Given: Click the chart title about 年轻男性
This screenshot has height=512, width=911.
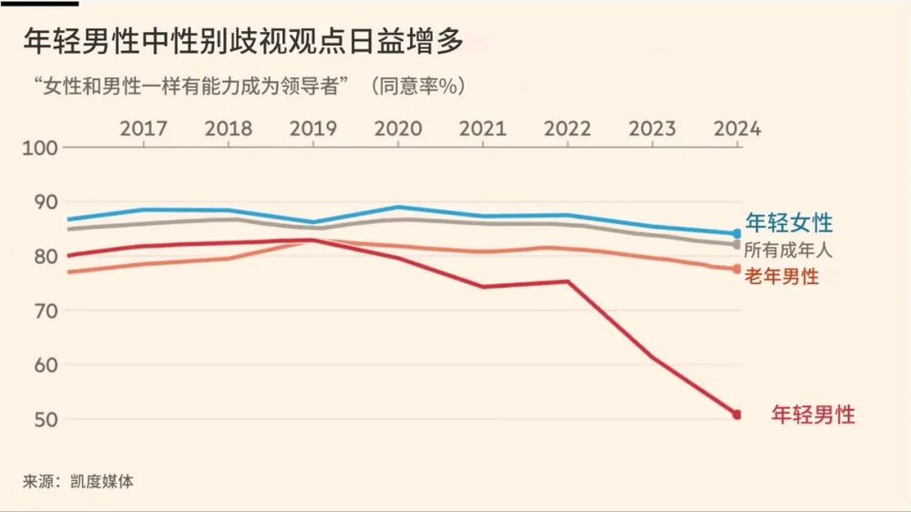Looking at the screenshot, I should click(x=244, y=41).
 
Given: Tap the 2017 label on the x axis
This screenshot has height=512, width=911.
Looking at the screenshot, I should click(x=144, y=128).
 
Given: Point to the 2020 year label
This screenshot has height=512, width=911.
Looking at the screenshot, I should click(x=399, y=128).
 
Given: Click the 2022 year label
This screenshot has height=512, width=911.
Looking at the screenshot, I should click(x=568, y=128).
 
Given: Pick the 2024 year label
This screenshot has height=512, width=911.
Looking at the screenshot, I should click(x=736, y=128).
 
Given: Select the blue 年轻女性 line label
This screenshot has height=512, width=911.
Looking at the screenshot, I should click(x=789, y=222).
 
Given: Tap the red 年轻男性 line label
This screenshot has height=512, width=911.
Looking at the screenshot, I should click(x=813, y=415).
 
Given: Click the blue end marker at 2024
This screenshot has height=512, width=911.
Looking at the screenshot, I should click(x=736, y=234).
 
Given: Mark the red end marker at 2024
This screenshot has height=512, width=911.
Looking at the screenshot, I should click(x=736, y=415).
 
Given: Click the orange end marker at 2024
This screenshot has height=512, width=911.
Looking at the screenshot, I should click(x=736, y=268).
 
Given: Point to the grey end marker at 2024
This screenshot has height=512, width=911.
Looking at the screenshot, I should click(x=736, y=244).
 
